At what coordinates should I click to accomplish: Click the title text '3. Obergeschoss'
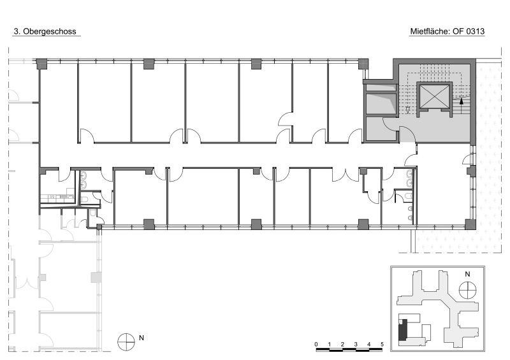coord(45,32)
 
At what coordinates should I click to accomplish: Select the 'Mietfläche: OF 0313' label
coord(448,32)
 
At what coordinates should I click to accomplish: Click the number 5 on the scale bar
coord(382,344)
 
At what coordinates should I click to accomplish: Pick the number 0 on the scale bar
coord(316,344)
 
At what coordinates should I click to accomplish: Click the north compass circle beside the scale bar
coord(126,342)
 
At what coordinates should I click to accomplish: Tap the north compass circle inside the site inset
coord(468,289)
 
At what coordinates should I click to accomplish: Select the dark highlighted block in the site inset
coord(403,330)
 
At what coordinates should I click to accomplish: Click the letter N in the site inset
coord(467,274)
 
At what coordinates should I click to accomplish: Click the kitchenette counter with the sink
coord(57,197)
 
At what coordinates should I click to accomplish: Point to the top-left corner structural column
coord(41,64)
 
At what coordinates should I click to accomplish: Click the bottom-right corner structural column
coord(470,224)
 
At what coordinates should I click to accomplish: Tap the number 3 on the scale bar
coord(356,344)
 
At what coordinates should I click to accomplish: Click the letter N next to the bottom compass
coord(142,338)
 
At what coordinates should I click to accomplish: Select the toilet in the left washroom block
coord(84,199)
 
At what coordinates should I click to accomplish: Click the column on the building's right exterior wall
coord(471,170)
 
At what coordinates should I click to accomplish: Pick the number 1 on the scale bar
coord(330,344)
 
